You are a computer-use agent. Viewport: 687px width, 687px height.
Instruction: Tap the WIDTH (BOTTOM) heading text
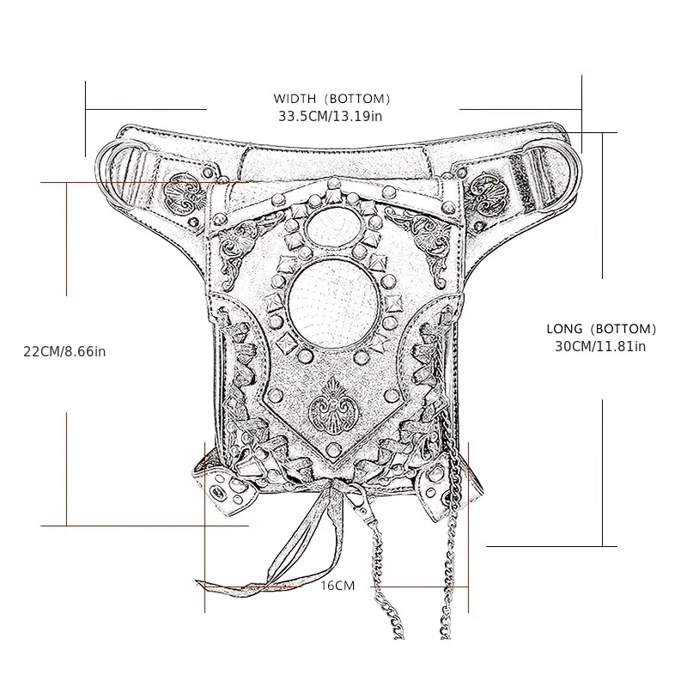(331, 99)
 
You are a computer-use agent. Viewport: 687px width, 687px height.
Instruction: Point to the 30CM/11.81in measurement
(600, 346)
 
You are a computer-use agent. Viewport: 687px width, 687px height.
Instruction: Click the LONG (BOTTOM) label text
(601, 329)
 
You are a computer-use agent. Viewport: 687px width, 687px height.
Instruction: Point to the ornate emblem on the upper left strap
(185, 194)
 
